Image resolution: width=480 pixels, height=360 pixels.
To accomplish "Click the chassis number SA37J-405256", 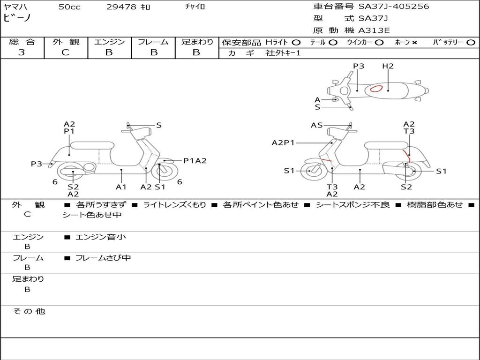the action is click(x=394, y=7).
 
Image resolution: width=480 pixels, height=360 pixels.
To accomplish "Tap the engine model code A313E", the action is click(x=374, y=30).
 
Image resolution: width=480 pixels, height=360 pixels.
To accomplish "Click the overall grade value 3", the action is click(x=22, y=52).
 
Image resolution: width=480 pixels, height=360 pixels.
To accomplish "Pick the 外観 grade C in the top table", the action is click(x=65, y=52).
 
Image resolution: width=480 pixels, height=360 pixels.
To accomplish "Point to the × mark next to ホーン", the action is click(x=414, y=43).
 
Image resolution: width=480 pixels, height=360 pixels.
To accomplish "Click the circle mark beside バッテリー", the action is click(x=471, y=43).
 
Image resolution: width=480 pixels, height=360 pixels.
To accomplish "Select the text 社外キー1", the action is click(x=283, y=53).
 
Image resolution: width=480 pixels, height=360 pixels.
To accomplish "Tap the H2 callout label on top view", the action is click(x=388, y=66).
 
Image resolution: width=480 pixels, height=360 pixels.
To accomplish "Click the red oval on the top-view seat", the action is click(x=376, y=89).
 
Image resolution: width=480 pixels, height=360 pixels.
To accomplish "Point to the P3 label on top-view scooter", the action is click(x=359, y=66).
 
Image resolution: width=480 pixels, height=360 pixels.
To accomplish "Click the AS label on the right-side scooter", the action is click(x=317, y=125).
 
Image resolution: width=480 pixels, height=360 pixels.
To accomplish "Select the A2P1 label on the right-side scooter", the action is click(x=283, y=142).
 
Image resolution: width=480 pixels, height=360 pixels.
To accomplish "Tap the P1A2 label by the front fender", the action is click(x=195, y=161).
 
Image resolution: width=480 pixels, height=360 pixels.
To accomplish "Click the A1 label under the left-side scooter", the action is click(x=121, y=187).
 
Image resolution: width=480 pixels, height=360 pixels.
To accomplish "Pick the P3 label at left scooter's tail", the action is click(x=37, y=164).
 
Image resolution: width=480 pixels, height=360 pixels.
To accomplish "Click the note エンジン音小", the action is click(x=101, y=237).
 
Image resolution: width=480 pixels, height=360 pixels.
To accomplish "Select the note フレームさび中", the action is click(x=103, y=258).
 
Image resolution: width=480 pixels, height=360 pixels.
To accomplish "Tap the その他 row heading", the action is click(x=29, y=311).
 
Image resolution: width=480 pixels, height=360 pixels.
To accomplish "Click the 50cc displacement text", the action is click(x=69, y=7).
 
